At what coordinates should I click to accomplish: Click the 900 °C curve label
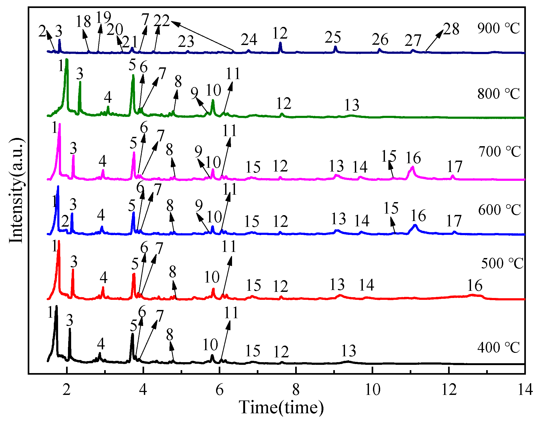[x=498, y=28]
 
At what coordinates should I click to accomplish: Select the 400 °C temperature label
[x=498, y=348]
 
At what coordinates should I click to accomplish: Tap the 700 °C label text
[x=499, y=152]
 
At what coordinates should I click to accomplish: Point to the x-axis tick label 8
[x=296, y=390]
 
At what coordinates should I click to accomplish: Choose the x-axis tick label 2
[x=67, y=390]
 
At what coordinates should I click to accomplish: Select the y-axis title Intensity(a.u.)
[x=16, y=190]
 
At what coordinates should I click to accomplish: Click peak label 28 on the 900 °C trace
[x=451, y=29]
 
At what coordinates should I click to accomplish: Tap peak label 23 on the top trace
[x=186, y=42]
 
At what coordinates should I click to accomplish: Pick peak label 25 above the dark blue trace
[x=333, y=37]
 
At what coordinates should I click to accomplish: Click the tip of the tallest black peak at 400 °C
[x=56, y=307]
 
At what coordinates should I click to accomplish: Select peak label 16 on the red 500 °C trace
[x=475, y=285]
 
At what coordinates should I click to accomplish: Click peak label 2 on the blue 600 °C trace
[x=65, y=221]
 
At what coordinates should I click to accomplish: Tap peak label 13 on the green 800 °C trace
[x=352, y=105]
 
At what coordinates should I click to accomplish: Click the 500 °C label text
[x=502, y=264]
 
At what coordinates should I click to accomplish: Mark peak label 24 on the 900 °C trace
[x=249, y=40]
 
